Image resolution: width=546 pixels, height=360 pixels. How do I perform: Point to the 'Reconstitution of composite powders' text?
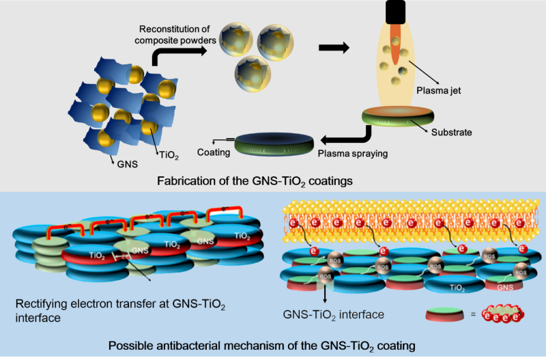[178, 35]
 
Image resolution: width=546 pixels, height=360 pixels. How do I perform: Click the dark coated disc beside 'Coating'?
[275, 143]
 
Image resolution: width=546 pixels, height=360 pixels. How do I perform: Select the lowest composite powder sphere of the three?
[248, 72]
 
